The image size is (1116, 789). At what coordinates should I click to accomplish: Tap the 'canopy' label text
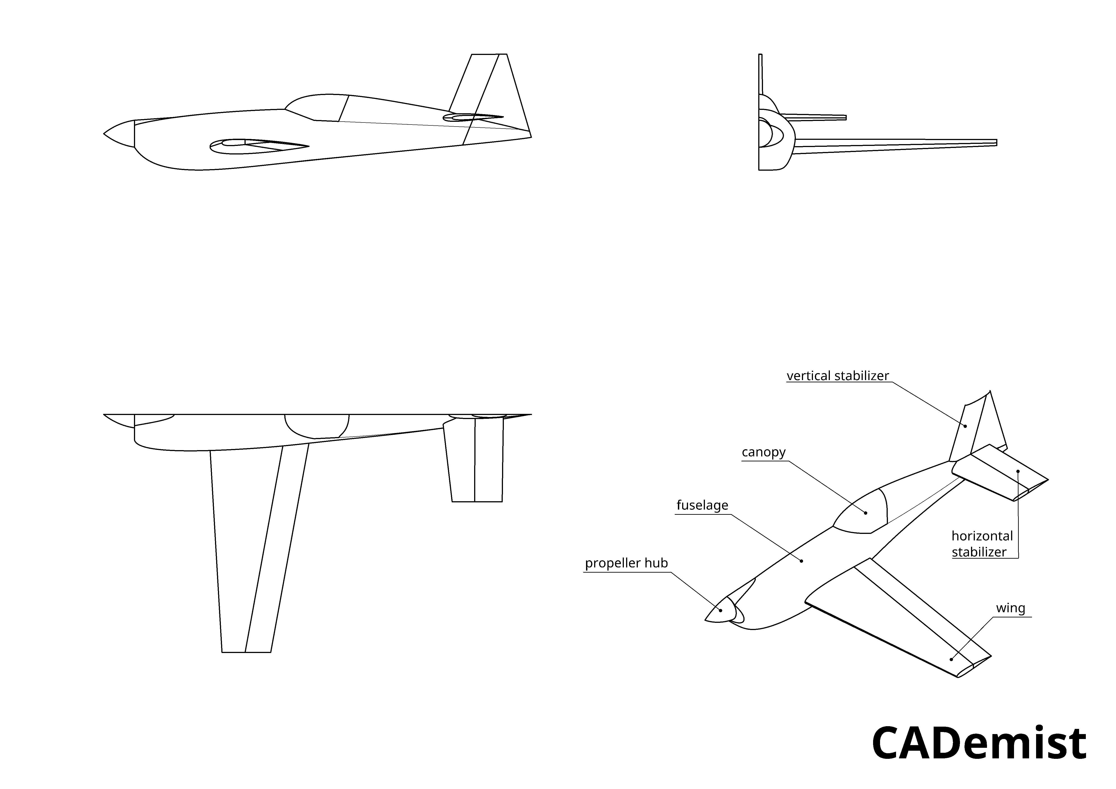point(764,452)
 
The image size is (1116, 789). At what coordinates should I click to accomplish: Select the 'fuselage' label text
point(702,505)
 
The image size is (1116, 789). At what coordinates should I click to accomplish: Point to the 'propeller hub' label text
point(627,563)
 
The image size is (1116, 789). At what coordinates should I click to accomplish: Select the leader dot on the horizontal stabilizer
point(1018,471)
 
